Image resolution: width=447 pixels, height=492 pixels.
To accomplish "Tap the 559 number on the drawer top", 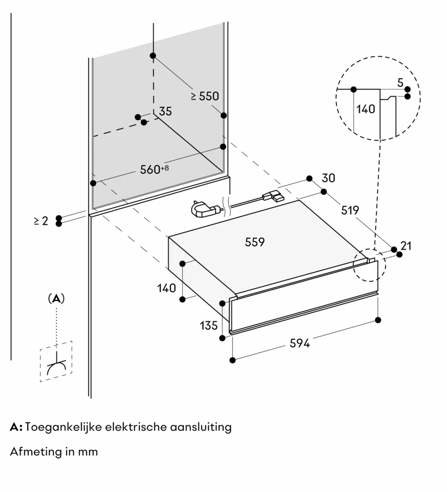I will tap(255, 242).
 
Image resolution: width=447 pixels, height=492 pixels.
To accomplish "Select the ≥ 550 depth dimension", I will tap(205, 96).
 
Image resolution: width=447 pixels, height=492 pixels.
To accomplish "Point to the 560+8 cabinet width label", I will tap(153, 169).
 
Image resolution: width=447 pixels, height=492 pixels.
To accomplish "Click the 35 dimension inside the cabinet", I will tap(165, 111).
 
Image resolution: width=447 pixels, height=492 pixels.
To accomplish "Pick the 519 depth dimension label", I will tap(350, 210).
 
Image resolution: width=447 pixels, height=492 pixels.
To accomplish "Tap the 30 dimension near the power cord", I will tap(329, 178).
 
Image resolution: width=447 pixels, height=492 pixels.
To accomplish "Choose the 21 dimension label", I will tap(406, 245).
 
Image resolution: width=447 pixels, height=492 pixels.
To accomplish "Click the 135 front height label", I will tap(209, 325).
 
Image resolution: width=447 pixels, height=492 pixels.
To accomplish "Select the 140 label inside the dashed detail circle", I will tap(366, 109).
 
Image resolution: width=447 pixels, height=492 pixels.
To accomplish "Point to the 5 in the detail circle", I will tap(400, 83).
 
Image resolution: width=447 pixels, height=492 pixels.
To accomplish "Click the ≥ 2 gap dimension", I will tap(41, 221).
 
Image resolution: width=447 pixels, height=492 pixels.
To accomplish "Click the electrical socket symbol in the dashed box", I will tap(56, 362).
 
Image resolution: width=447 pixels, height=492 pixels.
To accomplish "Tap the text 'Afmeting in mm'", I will tap(54, 451).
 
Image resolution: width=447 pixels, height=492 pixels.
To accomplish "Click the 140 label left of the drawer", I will tap(167, 288).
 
